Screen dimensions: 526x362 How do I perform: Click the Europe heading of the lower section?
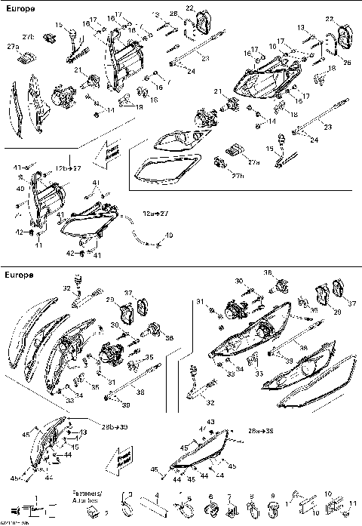[x=18, y=275]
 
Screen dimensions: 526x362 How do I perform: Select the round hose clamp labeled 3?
[x=129, y=502]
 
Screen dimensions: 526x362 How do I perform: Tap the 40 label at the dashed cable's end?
[x=169, y=235]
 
